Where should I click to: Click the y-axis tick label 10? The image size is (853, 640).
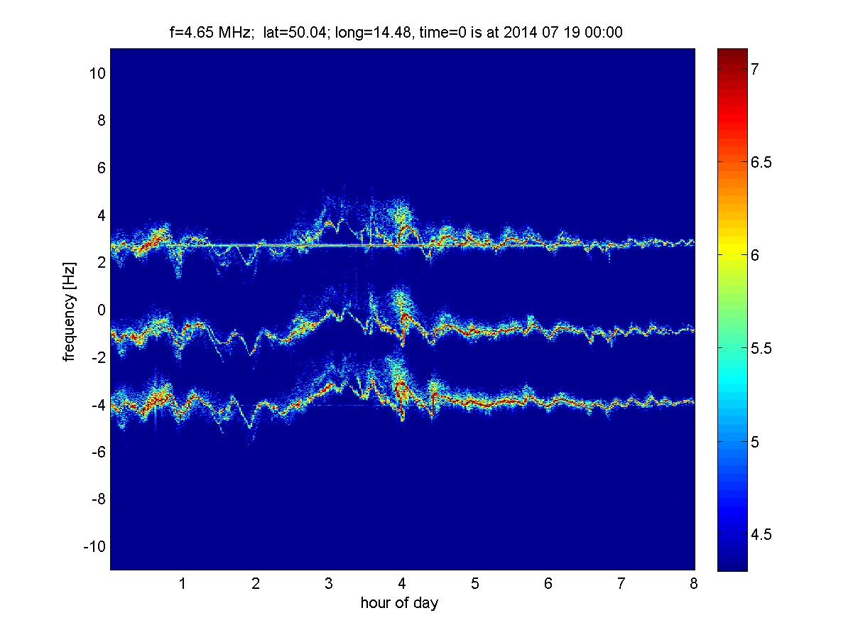coord(97,73)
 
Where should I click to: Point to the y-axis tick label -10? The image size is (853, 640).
coord(94,546)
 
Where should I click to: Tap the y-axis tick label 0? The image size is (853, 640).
coord(101,310)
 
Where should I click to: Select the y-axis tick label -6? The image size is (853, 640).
coord(98,452)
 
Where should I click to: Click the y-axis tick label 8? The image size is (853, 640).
coord(101,121)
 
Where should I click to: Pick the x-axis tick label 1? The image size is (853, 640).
coord(183,583)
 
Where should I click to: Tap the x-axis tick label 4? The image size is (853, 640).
coord(402,583)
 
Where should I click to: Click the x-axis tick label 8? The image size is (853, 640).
coord(694,583)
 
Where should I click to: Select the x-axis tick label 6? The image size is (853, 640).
coord(548,583)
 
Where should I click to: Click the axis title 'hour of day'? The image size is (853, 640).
coord(399,603)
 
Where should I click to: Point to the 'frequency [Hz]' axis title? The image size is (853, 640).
coord(69,312)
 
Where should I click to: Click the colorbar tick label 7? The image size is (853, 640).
coord(755,69)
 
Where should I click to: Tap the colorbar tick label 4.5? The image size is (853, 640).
coord(761,535)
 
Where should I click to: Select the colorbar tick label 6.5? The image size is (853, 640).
coord(761,162)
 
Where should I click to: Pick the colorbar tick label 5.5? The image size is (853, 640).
coord(761,348)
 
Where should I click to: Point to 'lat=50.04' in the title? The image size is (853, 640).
coord(295,32)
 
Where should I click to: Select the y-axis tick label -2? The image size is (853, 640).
coord(98,357)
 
